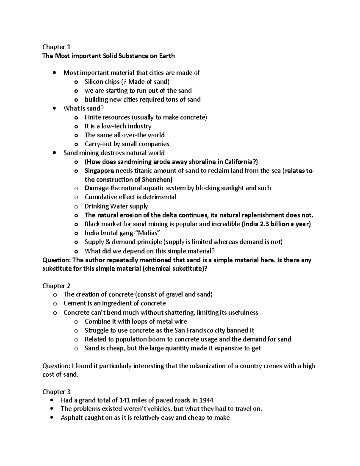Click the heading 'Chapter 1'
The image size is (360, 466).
click(x=56, y=47)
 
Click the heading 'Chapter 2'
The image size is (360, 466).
click(x=56, y=286)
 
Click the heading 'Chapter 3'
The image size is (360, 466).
click(x=56, y=392)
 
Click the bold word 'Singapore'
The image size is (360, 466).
click(x=99, y=171)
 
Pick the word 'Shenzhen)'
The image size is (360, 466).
click(x=158, y=179)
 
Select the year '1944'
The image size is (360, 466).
click(x=206, y=400)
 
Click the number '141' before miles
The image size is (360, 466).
click(x=125, y=400)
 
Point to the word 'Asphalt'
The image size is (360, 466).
click(x=71, y=418)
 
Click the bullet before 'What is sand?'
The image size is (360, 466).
click(x=54, y=109)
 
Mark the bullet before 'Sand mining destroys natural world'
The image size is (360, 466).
click(x=54, y=153)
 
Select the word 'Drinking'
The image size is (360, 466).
click(x=97, y=206)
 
